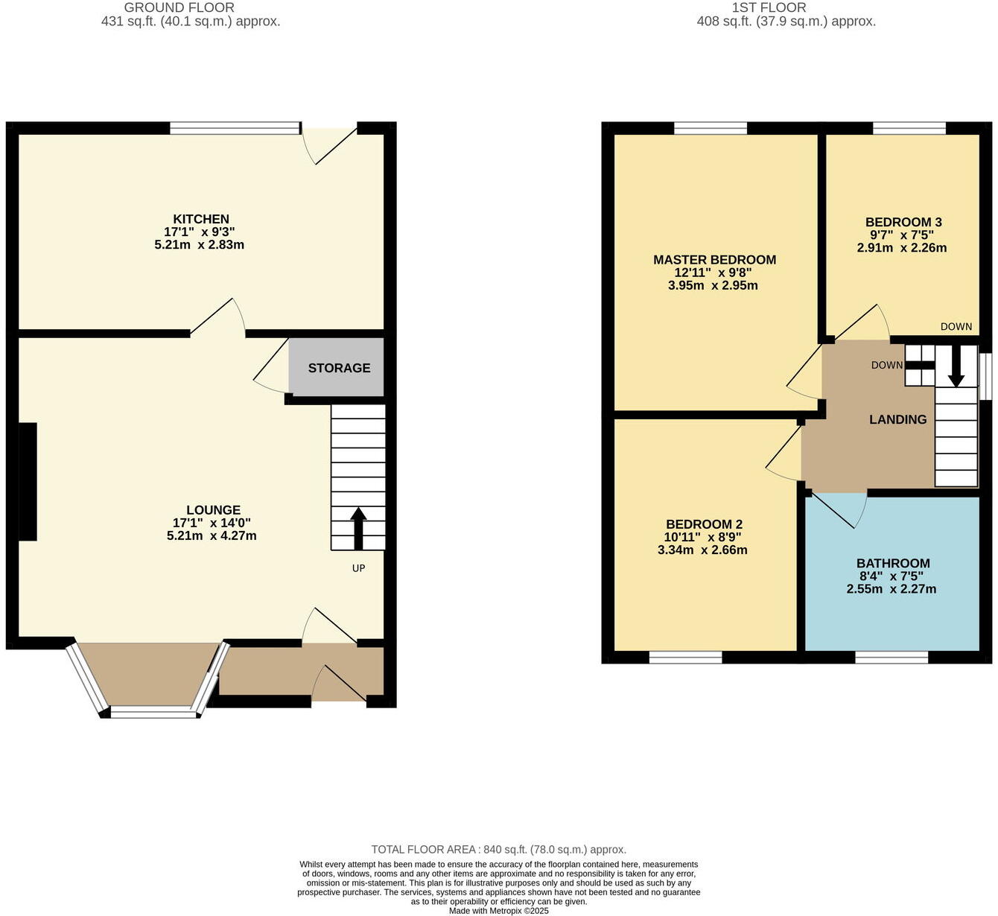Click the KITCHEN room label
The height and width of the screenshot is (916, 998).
tap(201, 219)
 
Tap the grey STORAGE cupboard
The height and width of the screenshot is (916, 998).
tap(337, 367)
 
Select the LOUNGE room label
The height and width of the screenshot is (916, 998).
tap(214, 510)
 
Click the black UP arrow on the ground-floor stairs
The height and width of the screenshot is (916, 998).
tap(358, 529)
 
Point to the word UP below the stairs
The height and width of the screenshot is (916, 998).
tap(359, 568)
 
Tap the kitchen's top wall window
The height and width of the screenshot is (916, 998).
tap(235, 128)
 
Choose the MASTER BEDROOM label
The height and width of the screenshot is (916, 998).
tap(714, 260)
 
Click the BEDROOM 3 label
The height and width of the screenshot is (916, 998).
tap(903, 222)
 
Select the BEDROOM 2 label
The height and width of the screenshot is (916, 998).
tap(704, 524)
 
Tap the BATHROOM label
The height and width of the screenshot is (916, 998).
tap(893, 563)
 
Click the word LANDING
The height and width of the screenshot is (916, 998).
tap(898, 419)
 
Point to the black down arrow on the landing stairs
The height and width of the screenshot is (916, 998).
tap(956, 366)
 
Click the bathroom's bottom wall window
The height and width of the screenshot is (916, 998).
tap(891, 658)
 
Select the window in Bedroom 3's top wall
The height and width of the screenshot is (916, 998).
tap(909, 128)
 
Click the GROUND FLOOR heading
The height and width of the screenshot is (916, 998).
tap(179, 7)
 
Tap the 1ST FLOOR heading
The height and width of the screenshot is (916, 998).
tap(769, 7)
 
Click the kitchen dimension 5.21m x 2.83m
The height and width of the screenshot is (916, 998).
tap(200, 245)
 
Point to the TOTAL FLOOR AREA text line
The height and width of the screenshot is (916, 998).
tap(498, 849)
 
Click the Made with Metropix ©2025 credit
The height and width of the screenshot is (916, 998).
tap(498, 911)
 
